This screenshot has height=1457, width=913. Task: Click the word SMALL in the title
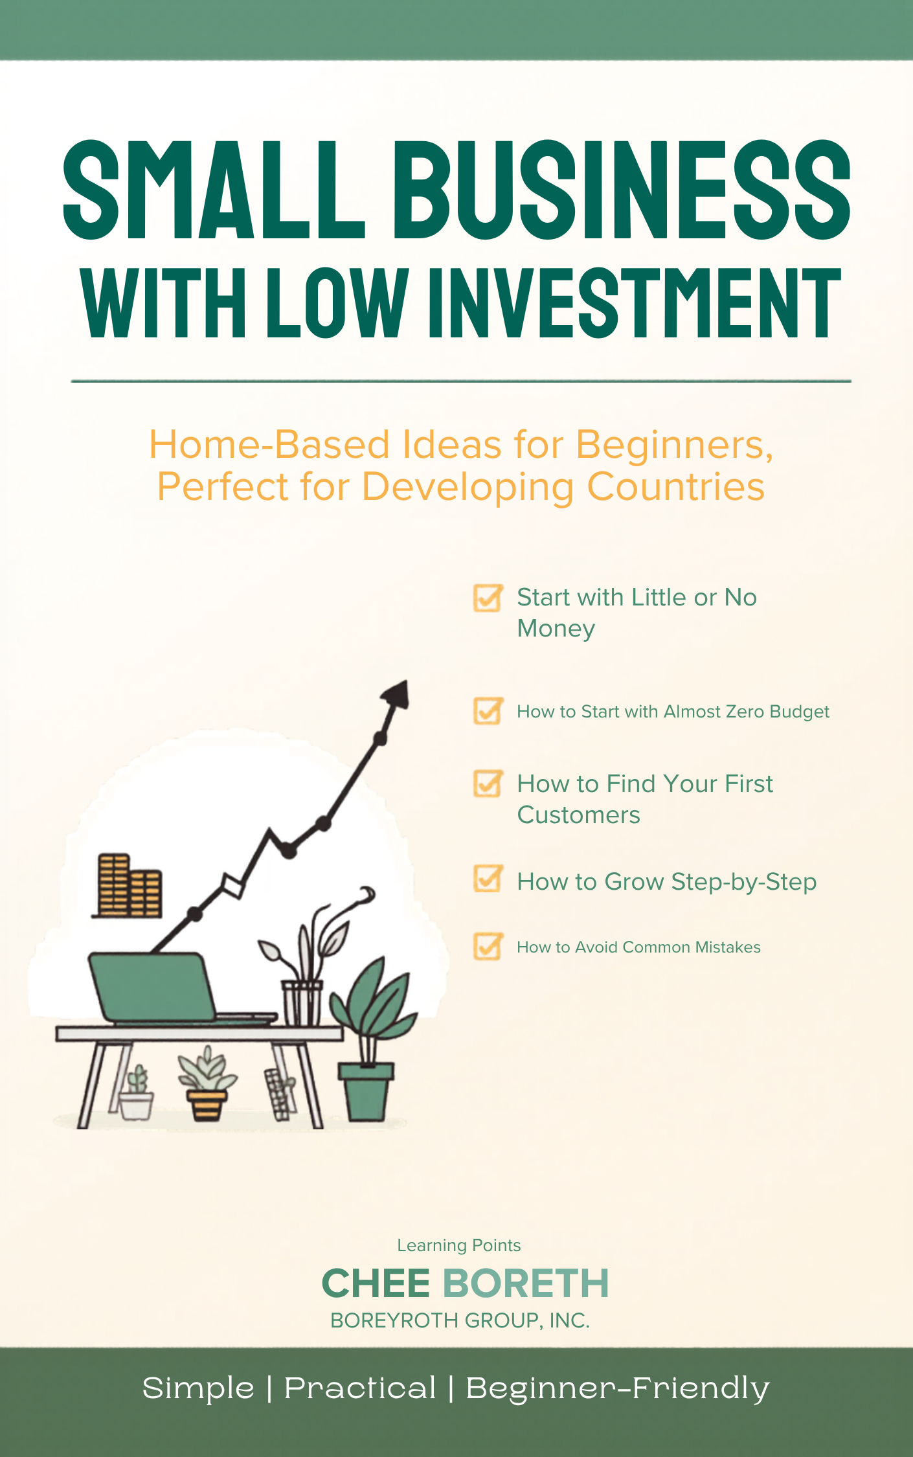pos(214,190)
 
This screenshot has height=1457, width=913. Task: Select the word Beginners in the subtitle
pos(673,446)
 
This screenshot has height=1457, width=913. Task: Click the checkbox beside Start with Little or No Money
pos(487,598)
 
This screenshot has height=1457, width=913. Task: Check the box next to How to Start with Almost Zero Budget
pos(487,711)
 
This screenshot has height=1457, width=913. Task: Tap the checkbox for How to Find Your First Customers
pos(487,784)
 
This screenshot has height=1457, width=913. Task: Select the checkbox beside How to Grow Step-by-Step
pos(487,879)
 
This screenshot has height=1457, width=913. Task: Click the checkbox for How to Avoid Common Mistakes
pos(487,947)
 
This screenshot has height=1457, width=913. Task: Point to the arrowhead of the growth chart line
pos(396,696)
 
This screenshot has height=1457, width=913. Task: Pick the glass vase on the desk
pos(302,1004)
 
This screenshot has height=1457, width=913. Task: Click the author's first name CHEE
pos(376,1283)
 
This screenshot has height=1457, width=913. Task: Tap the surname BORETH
pos(526,1283)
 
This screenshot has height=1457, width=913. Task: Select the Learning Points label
pos(458,1245)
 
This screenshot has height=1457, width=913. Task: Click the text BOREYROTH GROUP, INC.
pos(460,1320)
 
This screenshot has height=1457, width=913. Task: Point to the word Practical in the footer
pos(360,1388)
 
